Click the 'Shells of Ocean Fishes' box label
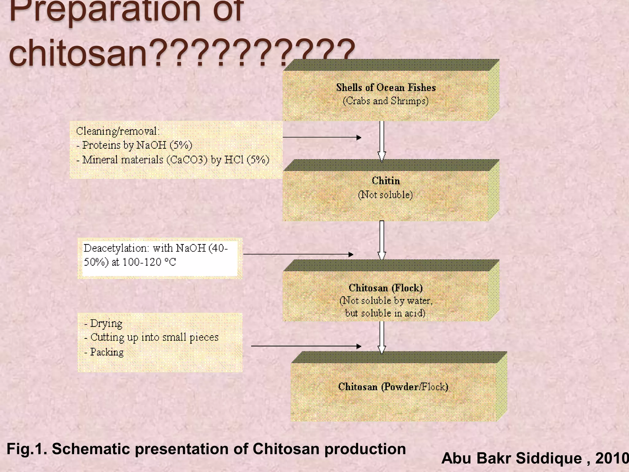pos(386,88)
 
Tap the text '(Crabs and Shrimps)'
pos(385,101)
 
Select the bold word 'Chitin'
pos(386,181)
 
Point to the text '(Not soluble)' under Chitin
pos(385,195)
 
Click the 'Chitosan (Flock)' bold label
pos(386,288)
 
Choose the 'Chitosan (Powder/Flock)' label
pos(393,387)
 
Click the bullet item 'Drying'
pos(106,323)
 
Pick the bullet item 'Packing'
pos(107,352)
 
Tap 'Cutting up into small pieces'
pos(154,337)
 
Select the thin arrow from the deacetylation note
pos(298,254)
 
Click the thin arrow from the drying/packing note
pos(306,346)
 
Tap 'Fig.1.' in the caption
pos(27,449)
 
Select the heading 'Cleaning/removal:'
pos(118,131)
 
